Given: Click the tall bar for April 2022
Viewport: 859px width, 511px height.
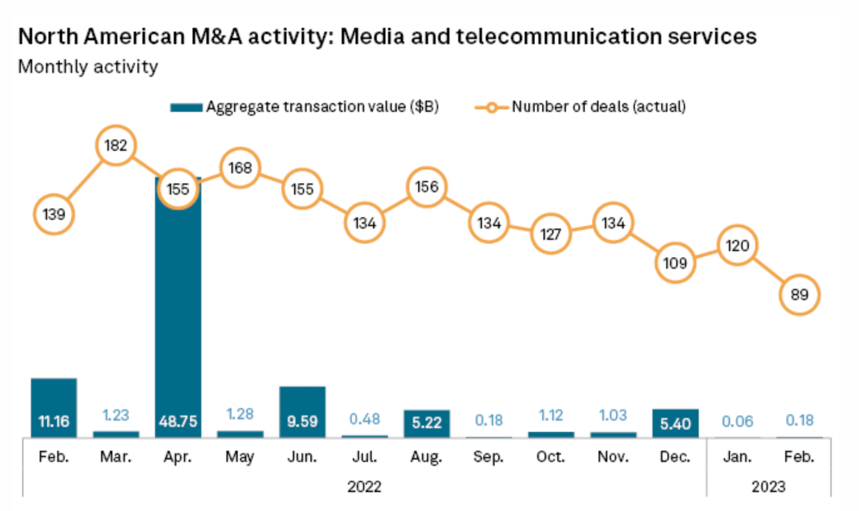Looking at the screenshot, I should [178, 311].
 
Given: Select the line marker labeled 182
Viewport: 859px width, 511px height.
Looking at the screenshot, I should [116, 145].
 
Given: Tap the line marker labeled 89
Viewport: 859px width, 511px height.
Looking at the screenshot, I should [799, 295].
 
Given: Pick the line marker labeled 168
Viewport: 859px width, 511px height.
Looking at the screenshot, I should [240, 168].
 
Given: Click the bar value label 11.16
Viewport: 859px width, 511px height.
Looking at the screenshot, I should [54, 422].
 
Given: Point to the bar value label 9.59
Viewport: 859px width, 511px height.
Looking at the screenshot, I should [302, 422].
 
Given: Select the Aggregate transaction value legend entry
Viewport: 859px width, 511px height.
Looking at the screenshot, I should [304, 107].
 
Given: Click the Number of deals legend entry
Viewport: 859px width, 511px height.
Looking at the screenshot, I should [580, 107].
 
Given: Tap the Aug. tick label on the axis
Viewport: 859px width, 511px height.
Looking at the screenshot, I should [426, 457].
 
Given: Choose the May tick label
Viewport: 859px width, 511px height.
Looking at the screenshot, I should [240, 457].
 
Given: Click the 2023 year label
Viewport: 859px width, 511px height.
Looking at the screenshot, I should [768, 486].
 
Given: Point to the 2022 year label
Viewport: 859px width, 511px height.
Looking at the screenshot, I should [364, 486].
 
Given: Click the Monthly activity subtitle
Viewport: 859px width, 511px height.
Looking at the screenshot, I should [88, 66].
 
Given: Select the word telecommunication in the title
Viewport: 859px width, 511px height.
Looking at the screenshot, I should [558, 36].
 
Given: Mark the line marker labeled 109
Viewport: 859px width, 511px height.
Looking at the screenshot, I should [675, 263].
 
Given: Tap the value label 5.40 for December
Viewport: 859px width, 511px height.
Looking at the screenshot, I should [675, 424].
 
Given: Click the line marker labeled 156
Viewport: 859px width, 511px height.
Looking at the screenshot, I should [426, 187].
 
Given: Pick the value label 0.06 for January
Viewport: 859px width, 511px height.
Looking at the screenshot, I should [737, 422].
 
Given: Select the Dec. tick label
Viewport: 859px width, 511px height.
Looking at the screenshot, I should [675, 457].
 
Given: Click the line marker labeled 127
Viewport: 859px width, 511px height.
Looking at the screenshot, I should [550, 234].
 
